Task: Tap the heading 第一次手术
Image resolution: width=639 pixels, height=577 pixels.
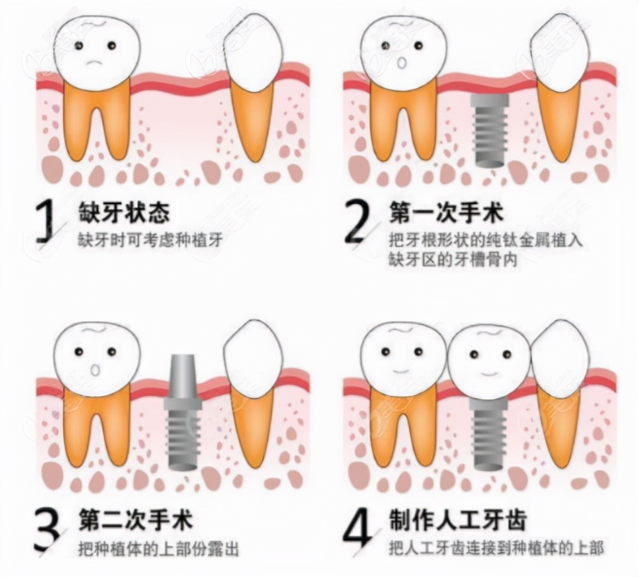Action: [446, 213]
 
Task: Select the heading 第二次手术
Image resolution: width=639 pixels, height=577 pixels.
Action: [135, 520]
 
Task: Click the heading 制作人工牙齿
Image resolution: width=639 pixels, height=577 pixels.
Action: [457, 520]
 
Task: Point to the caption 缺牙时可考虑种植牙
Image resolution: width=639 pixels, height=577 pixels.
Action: [150, 240]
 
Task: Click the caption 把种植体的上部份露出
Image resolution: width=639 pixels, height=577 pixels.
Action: [158, 548]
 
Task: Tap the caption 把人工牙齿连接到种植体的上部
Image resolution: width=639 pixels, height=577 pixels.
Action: [496, 548]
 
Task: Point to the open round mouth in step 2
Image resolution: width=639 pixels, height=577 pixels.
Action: [401, 63]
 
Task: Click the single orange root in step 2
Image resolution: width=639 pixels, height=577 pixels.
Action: [559, 120]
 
